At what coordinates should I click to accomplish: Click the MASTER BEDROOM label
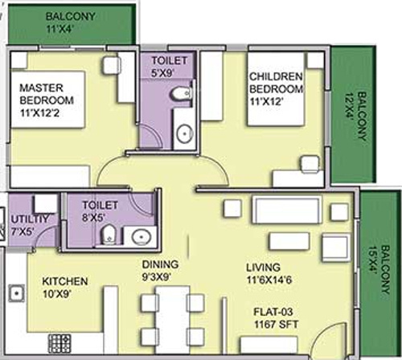(x=46, y=94)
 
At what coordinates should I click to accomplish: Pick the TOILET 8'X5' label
(x=99, y=212)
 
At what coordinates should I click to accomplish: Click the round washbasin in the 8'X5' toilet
(x=142, y=236)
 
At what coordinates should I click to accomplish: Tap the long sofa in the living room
(x=288, y=211)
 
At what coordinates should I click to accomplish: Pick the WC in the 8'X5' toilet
(x=107, y=235)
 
